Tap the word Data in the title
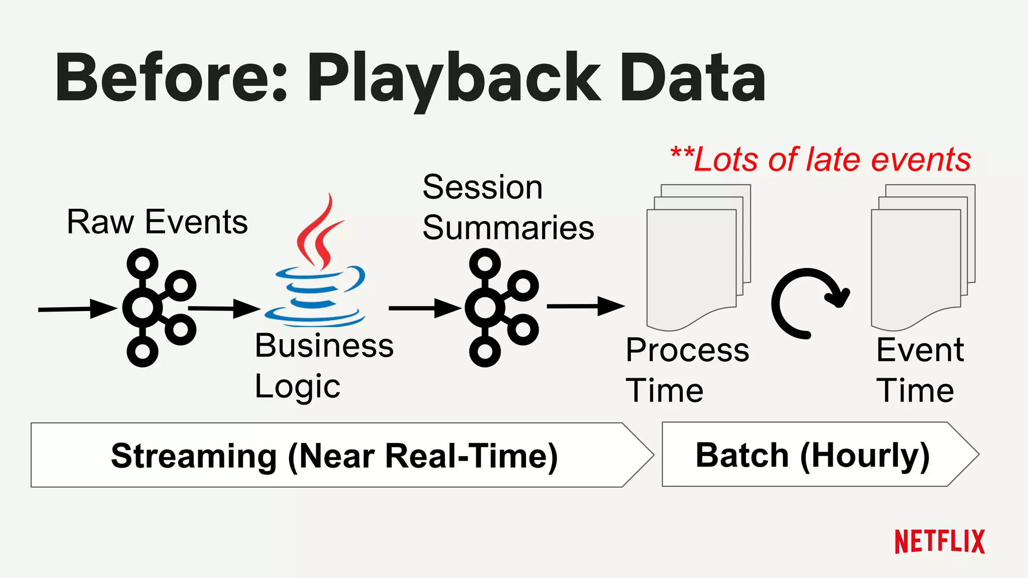(693, 78)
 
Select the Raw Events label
(157, 222)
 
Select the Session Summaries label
(508, 207)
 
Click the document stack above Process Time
(698, 258)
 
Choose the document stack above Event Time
(923, 258)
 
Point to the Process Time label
(687, 370)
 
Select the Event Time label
(920, 370)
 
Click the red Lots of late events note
(821, 160)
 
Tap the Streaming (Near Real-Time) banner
(334, 455)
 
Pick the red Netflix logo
(940, 542)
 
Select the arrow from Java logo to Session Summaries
(424, 308)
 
